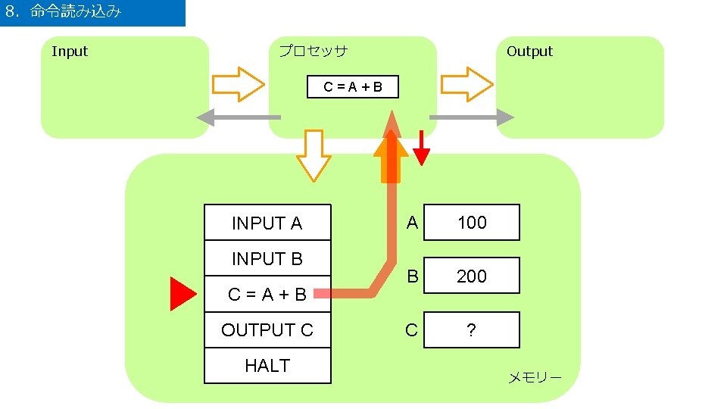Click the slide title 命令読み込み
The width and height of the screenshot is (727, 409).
[x=75, y=12]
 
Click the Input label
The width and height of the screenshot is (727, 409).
[x=70, y=52]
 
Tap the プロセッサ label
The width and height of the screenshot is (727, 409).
[x=313, y=52]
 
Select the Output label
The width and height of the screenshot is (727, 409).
[x=529, y=52]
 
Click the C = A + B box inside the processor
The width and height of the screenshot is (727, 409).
[x=352, y=87]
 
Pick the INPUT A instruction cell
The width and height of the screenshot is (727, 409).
[x=267, y=223]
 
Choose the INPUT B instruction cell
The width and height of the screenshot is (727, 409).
[x=267, y=259]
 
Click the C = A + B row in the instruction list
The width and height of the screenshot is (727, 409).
[x=267, y=294]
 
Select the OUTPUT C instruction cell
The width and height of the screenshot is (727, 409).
[x=267, y=330]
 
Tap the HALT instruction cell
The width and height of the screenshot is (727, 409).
[x=267, y=366]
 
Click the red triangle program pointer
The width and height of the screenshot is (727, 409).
[x=182, y=294]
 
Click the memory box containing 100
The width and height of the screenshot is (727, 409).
[x=472, y=223]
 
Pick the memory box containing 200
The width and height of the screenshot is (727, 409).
[x=472, y=276]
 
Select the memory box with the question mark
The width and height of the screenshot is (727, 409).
[x=472, y=330]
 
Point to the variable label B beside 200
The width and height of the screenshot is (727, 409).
[x=412, y=276]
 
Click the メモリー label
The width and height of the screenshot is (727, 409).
[x=535, y=377]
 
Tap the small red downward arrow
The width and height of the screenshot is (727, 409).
[x=422, y=148]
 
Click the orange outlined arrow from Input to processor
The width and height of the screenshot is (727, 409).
[x=238, y=84]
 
